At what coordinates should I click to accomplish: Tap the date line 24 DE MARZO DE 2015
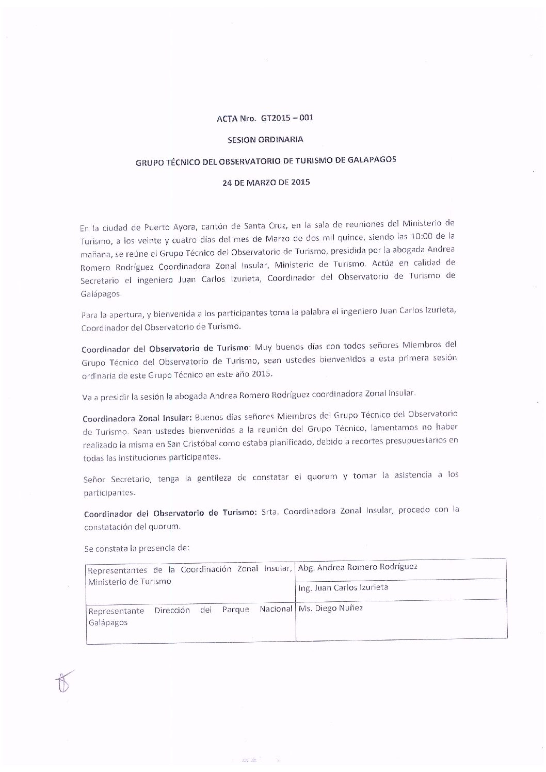pos(266,182)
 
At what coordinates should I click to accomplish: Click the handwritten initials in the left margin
pos(62,681)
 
